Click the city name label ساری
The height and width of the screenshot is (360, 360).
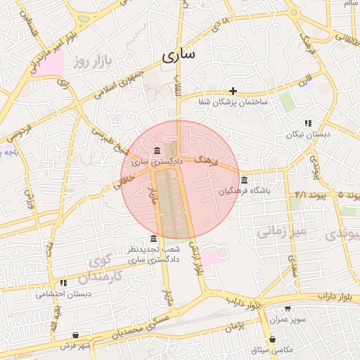tap(181, 56)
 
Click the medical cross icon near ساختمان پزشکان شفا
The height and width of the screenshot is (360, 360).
tap(233, 91)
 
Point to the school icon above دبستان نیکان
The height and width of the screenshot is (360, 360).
tap(307, 122)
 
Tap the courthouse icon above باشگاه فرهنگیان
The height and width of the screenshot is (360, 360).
tap(243, 179)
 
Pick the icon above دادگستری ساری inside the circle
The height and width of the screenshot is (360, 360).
tap(156, 151)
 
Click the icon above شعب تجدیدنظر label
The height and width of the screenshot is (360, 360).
tap(154, 239)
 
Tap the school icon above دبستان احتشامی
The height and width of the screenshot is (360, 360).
tap(63, 283)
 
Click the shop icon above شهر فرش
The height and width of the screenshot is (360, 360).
tap(75, 335)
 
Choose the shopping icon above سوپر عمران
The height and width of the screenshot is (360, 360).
tap(287, 309)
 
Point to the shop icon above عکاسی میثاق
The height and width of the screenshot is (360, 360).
tap(272, 339)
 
